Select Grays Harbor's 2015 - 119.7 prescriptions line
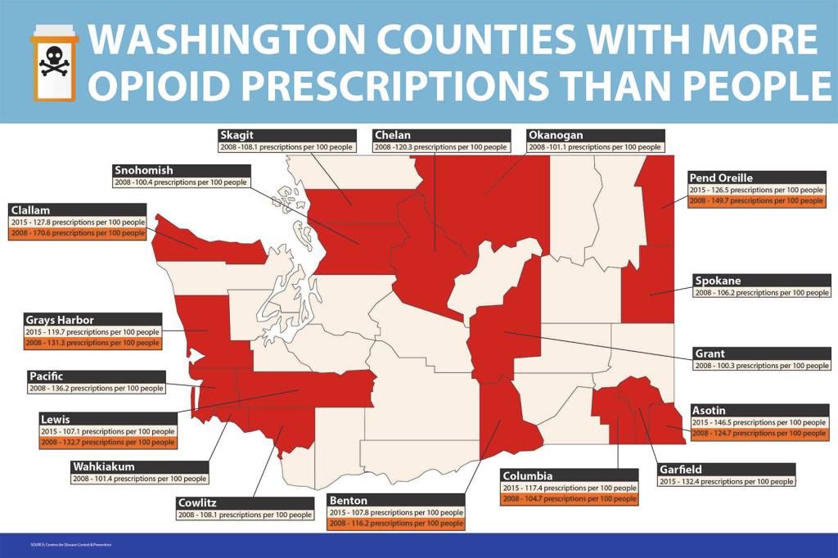pos(92,332)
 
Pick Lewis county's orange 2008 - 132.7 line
pos(107,442)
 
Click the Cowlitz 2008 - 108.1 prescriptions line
pos(245,515)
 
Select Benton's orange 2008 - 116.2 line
pos(396,524)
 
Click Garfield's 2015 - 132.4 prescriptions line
pos(726,482)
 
